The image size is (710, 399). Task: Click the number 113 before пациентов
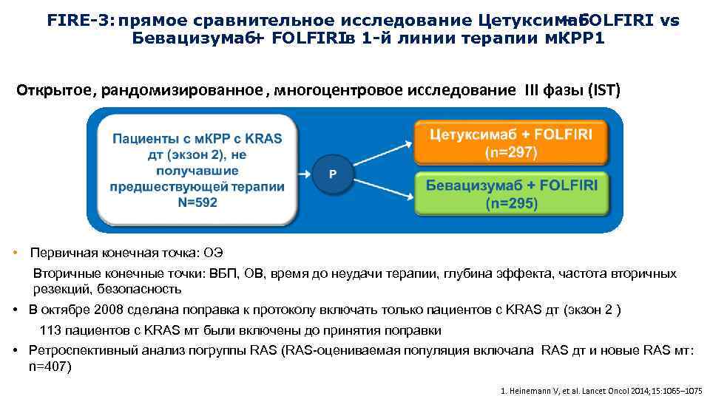pos(50,330)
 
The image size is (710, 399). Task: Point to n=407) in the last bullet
pos(50,366)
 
